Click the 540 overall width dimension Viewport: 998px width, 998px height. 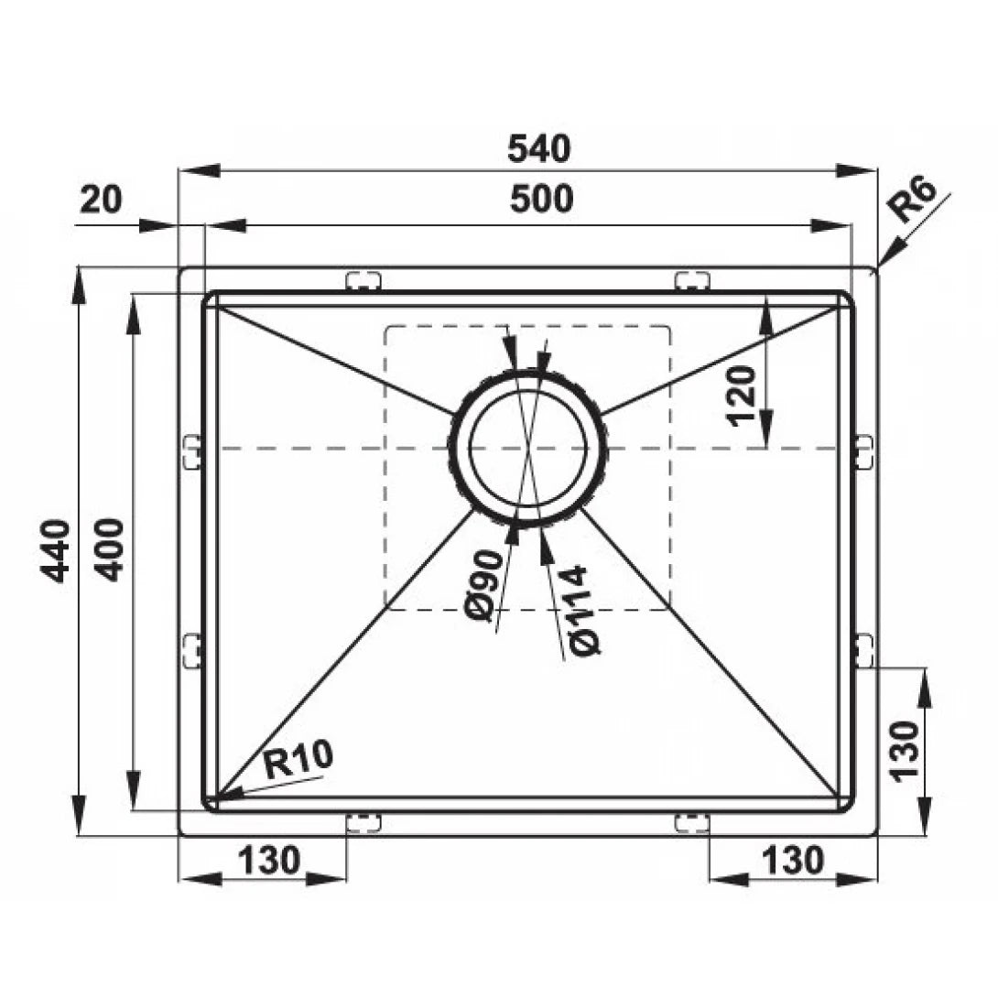tap(538, 149)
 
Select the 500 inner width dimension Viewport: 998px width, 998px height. tap(541, 199)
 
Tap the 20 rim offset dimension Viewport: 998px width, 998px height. tap(101, 200)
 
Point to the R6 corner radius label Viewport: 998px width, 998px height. tap(914, 201)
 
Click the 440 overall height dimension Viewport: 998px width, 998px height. tap(56, 550)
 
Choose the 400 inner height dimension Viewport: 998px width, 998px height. tap(110, 549)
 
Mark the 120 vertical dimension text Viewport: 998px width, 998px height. tap(743, 396)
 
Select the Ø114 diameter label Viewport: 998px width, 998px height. tap(584, 611)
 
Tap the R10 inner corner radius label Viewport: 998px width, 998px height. tap(298, 760)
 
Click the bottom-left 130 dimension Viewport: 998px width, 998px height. tap(268, 861)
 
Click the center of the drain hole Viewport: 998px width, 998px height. tap(527, 448)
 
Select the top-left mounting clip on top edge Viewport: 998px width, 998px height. tap(363, 280)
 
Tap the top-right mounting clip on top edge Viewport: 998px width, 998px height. tap(692, 280)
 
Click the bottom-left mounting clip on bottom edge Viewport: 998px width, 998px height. tap(363, 822)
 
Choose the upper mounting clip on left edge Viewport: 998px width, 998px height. tap(191, 452)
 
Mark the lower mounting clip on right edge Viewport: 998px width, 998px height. tap(863, 651)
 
